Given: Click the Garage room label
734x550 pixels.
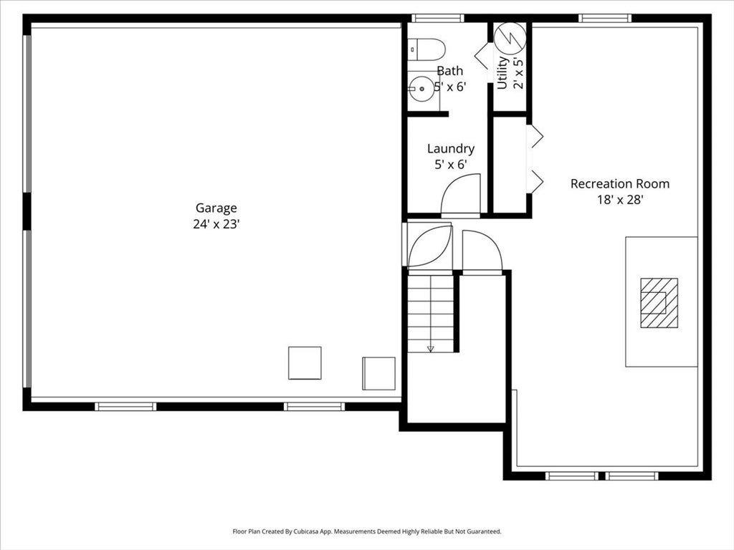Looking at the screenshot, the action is point(216,208).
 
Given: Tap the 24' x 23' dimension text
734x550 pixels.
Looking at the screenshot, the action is point(216,224).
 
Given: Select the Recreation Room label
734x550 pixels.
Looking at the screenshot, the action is point(620,184).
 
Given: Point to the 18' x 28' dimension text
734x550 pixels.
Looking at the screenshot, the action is point(620,201).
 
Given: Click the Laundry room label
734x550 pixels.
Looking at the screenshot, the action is point(451,149).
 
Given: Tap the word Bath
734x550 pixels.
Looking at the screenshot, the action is point(450,71).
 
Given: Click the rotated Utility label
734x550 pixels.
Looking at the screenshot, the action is point(502,72).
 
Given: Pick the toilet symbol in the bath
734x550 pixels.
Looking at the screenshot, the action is point(426,49).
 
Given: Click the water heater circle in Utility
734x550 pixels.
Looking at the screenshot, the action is point(510,37).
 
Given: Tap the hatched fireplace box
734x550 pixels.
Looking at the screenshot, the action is point(659,303).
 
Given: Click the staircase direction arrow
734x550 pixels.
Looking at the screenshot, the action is point(431,349).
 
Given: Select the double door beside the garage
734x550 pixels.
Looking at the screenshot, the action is point(429,245).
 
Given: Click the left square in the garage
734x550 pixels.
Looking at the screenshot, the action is point(305,363).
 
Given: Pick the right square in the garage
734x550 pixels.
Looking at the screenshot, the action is point(378,373).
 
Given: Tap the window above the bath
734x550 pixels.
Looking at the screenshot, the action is point(438,18).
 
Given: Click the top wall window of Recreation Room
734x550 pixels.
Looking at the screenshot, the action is point(605,18).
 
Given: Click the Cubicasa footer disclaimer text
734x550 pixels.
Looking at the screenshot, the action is point(367,531).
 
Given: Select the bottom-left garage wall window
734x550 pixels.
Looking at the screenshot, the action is point(125,407).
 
